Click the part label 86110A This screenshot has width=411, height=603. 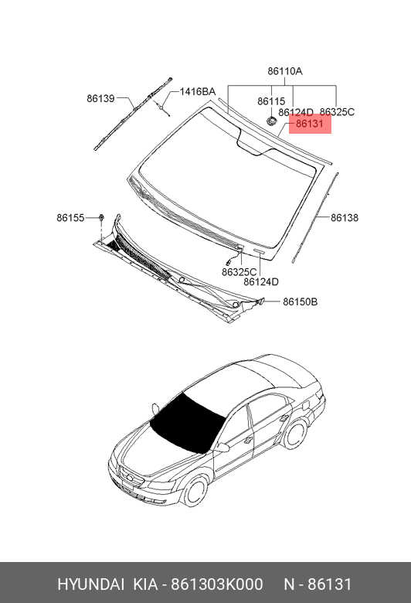[285, 71]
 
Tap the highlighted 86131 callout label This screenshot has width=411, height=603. [310, 124]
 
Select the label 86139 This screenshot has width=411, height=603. [100, 98]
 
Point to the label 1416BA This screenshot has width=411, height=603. [198, 92]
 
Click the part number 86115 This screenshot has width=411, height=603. [271, 101]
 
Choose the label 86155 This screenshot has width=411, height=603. [70, 218]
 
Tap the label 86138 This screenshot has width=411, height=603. [345, 218]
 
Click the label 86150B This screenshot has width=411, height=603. [301, 301]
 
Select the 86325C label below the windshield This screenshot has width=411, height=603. [239, 272]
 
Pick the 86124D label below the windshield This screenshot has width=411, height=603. [261, 282]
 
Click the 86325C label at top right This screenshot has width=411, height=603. [337, 112]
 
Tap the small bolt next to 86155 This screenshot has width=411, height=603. [101, 218]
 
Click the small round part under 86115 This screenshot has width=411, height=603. [271, 121]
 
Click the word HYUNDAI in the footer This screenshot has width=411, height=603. [90, 584]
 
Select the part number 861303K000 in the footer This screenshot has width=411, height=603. [217, 584]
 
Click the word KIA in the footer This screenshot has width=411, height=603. [145, 584]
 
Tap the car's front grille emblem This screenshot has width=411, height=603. [130, 478]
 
